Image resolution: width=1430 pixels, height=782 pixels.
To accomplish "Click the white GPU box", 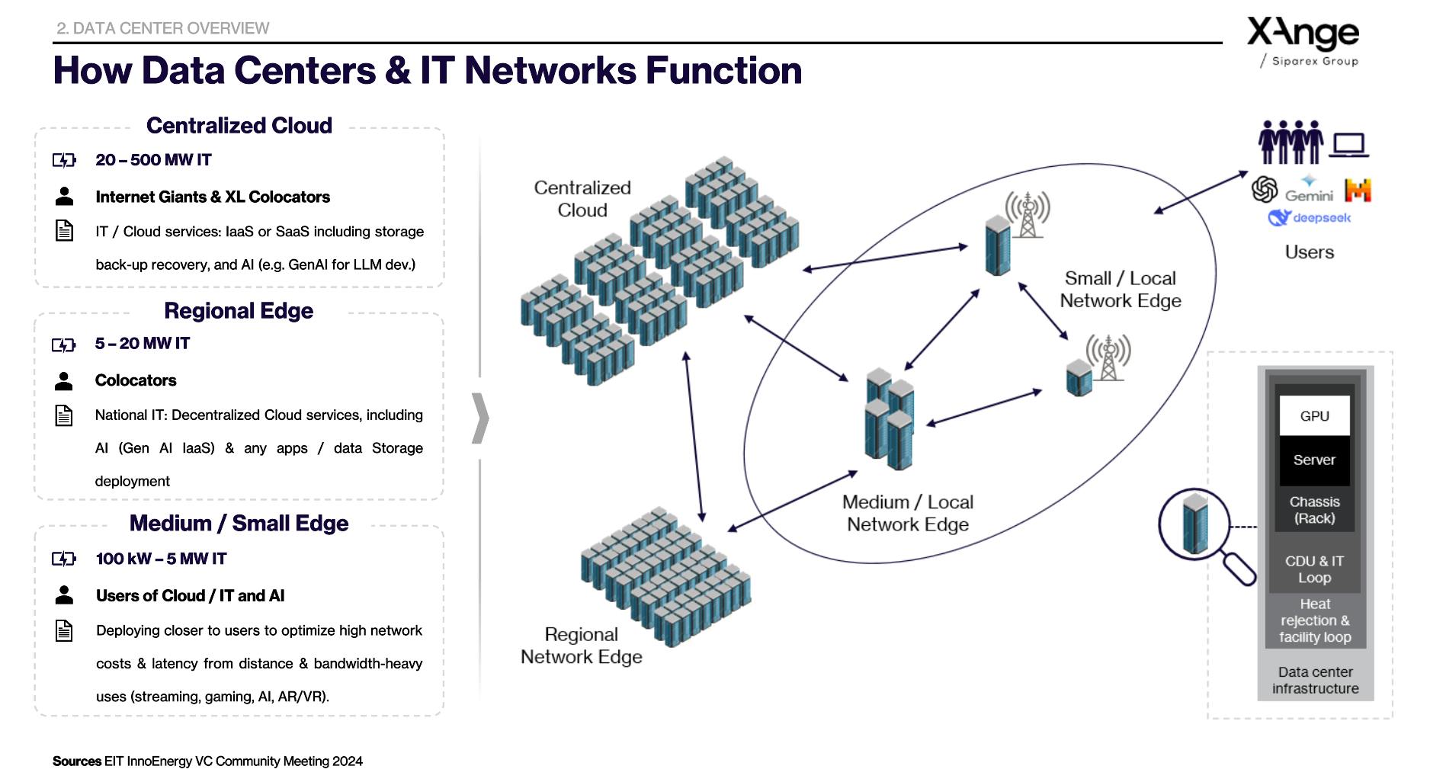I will [x=1314, y=415].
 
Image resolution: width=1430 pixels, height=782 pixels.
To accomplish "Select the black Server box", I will [x=1314, y=460].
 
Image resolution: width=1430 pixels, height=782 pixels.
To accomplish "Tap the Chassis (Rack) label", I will [x=1314, y=510].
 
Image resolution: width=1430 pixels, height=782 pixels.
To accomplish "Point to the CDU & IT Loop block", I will [x=1314, y=569].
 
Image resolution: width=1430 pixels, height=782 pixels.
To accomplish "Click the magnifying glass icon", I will [x=1204, y=534].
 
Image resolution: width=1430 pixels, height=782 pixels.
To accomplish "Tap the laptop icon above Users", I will [x=1349, y=144].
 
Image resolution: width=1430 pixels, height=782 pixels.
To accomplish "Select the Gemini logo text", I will [x=1309, y=195].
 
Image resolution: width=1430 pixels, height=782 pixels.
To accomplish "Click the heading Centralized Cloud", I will [x=239, y=126].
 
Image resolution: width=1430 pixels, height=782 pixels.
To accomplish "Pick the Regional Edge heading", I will [x=239, y=311].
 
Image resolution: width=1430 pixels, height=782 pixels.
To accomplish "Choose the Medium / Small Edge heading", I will [x=239, y=524].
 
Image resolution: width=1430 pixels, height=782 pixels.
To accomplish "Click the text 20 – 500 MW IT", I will [x=153, y=160].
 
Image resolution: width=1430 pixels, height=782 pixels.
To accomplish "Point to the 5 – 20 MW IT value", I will [x=142, y=344].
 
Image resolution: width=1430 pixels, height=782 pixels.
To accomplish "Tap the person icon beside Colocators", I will [x=64, y=380].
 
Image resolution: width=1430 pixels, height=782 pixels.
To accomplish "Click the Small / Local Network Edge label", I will [x=1120, y=290].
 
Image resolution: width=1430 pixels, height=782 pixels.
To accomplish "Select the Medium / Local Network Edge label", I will [x=907, y=514].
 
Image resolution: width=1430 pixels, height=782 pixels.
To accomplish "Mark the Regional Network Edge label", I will [x=581, y=646].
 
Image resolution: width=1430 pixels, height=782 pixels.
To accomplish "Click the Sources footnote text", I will [x=207, y=761].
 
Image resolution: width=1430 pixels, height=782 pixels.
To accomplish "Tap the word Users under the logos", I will [x=1309, y=252].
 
